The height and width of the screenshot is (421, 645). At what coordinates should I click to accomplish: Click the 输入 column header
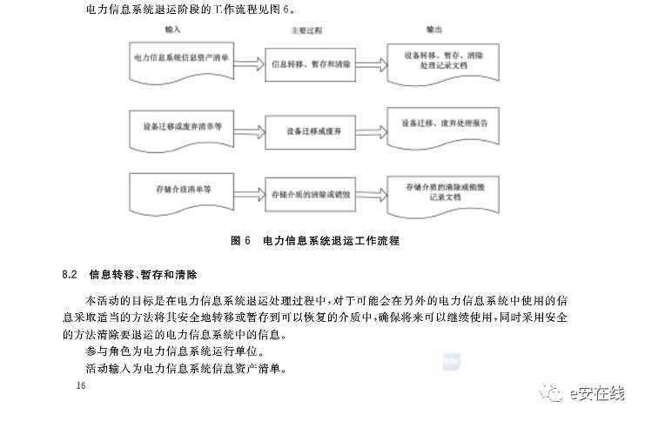tap(172, 30)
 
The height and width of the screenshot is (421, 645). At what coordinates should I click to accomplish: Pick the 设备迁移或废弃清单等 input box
tap(181, 127)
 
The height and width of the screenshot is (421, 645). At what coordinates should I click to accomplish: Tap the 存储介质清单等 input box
tap(181, 190)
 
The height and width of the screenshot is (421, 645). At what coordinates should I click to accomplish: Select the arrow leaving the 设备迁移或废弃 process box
tap(369, 130)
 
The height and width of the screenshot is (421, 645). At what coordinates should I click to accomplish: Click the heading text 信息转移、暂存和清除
tap(143, 275)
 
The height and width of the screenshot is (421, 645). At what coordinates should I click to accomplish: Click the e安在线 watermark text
tap(597, 395)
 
